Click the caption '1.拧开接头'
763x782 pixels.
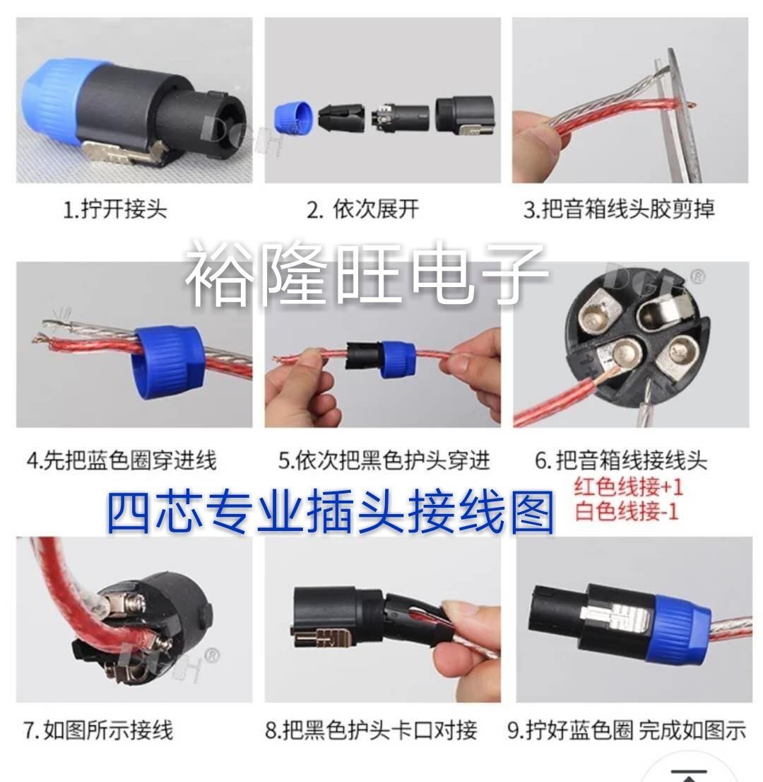point(114,209)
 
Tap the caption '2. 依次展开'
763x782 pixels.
point(362,209)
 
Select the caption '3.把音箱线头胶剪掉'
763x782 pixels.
point(618,209)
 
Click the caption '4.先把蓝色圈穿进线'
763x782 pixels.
point(122,460)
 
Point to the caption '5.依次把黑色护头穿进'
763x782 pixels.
point(384,460)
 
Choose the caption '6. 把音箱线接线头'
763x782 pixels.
point(621,460)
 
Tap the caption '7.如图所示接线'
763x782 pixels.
point(98,730)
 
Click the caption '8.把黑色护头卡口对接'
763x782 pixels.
point(372,730)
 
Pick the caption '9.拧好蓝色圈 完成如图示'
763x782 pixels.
point(627,730)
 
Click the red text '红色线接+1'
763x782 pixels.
point(628,486)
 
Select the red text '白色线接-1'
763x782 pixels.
point(627,511)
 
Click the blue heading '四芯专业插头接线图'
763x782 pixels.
point(331,512)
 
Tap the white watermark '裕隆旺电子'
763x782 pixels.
point(367,273)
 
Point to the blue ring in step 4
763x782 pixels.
point(166,363)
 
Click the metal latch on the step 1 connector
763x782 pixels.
point(124,151)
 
